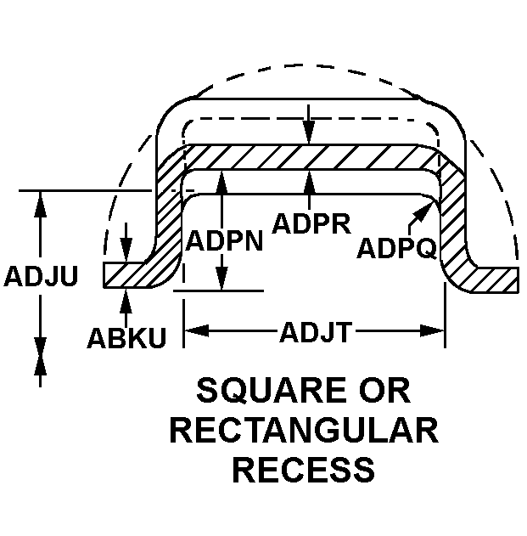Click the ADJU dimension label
point(41,277)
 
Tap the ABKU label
point(126,336)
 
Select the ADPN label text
point(224,240)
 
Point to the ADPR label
point(311,223)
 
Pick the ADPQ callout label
point(397,248)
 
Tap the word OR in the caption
point(381,391)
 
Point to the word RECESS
point(304,469)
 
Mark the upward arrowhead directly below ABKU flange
point(126,296)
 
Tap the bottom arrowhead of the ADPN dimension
point(221,283)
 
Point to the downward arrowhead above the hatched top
point(311,136)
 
